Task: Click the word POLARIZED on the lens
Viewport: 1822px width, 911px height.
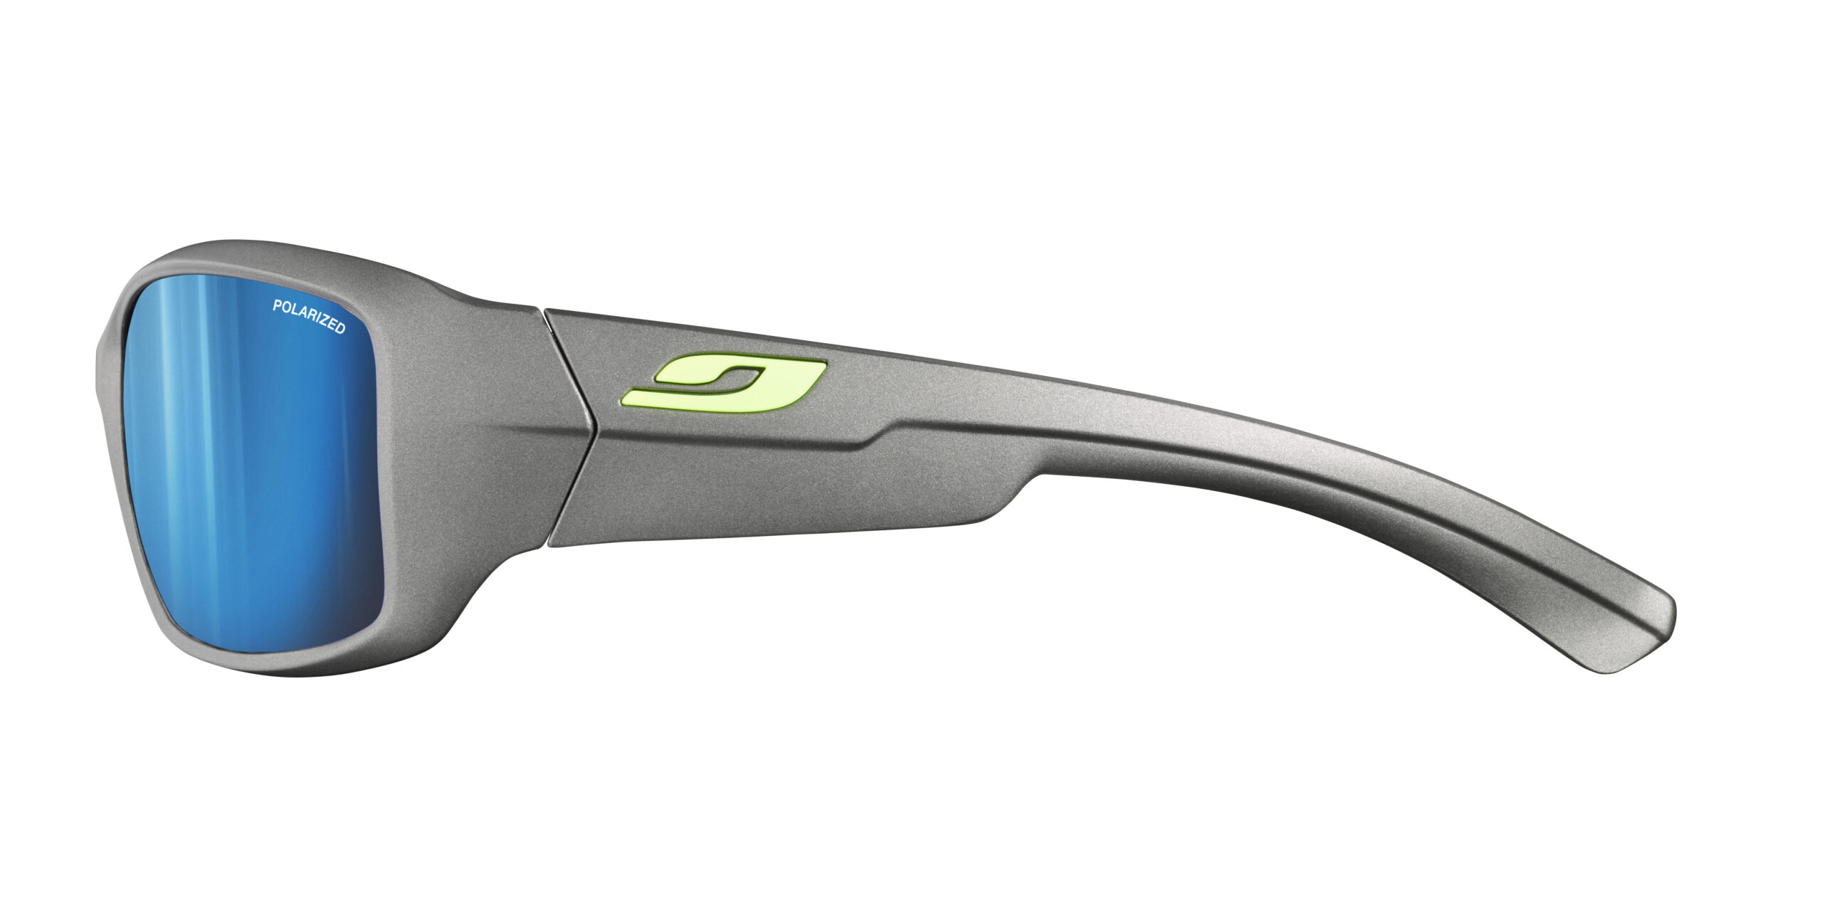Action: click(x=309, y=317)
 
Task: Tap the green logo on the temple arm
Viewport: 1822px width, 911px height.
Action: click(x=724, y=384)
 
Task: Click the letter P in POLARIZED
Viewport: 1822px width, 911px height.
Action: click(x=277, y=306)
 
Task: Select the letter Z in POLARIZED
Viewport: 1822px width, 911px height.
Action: click(x=323, y=322)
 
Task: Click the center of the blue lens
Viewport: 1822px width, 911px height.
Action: click(x=253, y=463)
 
